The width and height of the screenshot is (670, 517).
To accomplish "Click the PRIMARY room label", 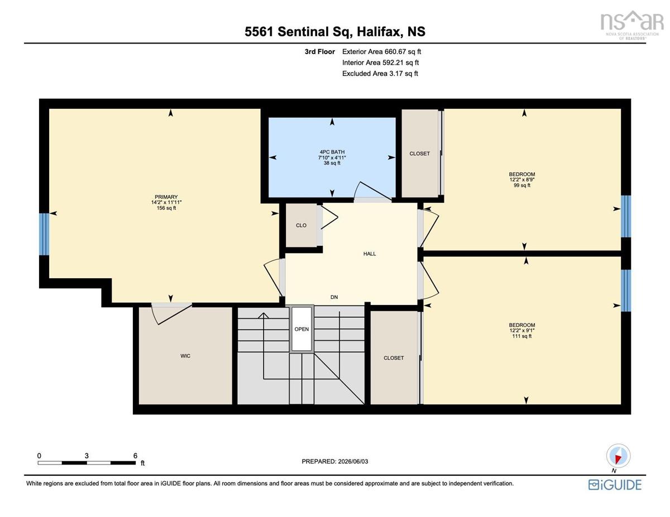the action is click(166, 197).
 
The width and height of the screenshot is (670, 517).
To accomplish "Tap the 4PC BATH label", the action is click(332, 152).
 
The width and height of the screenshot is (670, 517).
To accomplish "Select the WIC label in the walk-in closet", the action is click(185, 356).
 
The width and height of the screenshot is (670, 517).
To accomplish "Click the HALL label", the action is click(370, 254).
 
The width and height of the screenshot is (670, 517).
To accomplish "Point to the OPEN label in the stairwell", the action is click(301, 329).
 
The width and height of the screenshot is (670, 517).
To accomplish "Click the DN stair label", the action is click(334, 297).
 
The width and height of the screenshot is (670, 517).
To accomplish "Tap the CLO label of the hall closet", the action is click(301, 225).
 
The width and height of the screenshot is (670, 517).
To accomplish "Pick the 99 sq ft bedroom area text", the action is click(522, 185).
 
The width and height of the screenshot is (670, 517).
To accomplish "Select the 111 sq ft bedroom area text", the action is click(522, 336).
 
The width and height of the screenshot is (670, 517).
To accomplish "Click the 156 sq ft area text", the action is click(166, 208).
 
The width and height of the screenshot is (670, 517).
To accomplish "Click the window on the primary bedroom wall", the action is click(44, 234).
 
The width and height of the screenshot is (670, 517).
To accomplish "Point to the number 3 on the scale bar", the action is click(87, 456).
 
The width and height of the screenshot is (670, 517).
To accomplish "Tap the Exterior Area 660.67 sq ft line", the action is click(381, 52).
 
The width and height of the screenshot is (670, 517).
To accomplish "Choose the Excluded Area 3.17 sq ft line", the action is click(380, 74).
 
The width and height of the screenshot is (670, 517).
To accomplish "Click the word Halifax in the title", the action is click(379, 32).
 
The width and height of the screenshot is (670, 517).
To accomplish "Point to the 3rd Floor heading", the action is click(320, 52).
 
